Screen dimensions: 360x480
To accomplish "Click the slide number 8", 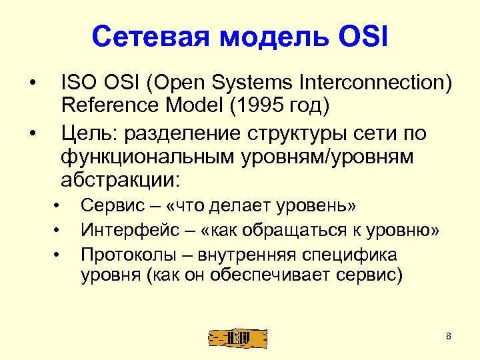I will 449,336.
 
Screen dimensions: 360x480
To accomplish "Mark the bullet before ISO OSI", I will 31,85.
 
